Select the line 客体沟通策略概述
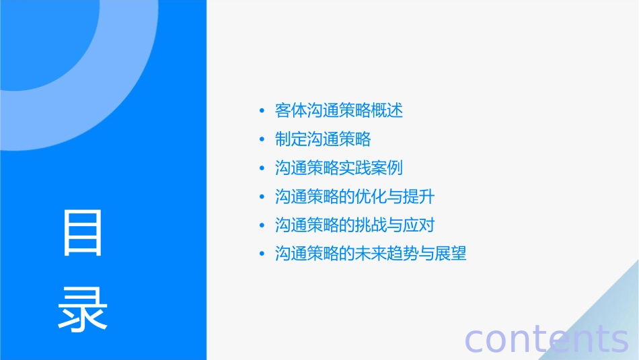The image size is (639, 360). [x=339, y=110]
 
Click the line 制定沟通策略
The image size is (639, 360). [x=323, y=139]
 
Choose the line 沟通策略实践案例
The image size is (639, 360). [x=339, y=168]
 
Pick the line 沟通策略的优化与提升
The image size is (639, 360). [x=354, y=196]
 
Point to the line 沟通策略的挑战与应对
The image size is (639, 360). [x=354, y=225]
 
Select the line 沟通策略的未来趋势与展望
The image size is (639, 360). [x=371, y=254]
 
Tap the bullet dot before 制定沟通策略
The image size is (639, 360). [x=262, y=140]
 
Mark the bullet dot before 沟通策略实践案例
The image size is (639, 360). [x=262, y=168]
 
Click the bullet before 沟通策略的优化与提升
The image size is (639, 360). [x=262, y=197]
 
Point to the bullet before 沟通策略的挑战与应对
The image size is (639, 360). [x=262, y=225]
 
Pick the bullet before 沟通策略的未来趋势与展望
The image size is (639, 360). [x=262, y=254]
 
